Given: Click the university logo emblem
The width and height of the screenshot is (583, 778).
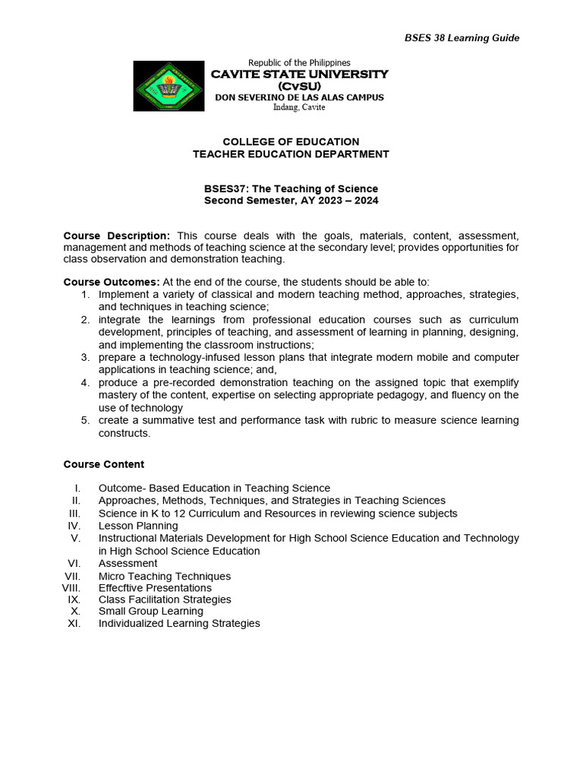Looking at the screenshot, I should [169, 86].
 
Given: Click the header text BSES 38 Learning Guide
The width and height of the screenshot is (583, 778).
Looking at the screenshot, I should [459, 38].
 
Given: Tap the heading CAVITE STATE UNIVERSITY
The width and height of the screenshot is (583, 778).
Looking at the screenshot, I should [299, 74].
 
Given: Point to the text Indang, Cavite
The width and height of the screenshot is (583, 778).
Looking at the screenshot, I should [299, 107].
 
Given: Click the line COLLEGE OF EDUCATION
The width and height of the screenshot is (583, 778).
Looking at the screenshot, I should [291, 141].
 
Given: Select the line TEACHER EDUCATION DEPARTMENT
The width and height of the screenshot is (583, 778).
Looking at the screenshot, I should [291, 153].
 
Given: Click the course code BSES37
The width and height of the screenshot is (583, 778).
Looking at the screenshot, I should [225, 188].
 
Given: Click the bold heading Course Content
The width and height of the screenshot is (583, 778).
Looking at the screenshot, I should [103, 464].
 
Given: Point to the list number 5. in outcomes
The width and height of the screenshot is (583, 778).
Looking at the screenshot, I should [86, 420].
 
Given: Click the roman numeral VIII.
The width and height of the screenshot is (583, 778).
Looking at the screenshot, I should [71, 588].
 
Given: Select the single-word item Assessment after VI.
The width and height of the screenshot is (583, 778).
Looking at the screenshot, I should [128, 563].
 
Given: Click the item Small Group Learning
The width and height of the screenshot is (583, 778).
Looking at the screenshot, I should [151, 611].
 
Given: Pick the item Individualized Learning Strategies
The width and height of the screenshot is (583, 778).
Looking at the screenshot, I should [179, 623].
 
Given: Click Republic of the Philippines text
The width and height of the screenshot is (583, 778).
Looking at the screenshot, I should [299, 62].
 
